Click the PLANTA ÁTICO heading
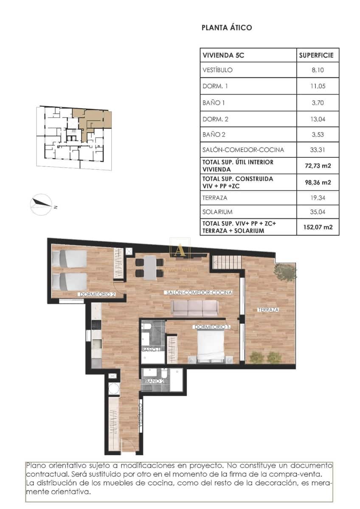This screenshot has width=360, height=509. [x=227, y=28]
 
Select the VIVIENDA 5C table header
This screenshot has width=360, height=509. [x=224, y=55]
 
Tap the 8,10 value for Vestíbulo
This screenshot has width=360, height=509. [x=318, y=70]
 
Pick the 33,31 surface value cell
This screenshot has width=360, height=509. [x=318, y=149]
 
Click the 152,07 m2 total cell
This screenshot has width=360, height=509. [x=318, y=227]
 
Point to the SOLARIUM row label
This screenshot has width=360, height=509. [x=218, y=212]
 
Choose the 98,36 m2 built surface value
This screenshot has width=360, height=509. [x=318, y=183]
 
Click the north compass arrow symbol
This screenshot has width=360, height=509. [x=41, y=204]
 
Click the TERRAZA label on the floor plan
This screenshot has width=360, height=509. [x=268, y=310]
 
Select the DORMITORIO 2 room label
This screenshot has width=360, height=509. [x=97, y=294]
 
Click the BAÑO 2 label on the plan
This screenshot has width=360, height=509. [x=155, y=381]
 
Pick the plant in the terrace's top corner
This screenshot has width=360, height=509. [x=284, y=272]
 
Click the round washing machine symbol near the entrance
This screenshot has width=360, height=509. [x=114, y=389]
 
